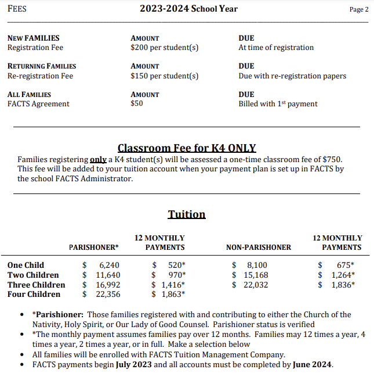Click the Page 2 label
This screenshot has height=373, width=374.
coord(358,9)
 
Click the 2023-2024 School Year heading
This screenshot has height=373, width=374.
coord(188,9)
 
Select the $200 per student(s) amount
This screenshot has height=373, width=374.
coord(165,48)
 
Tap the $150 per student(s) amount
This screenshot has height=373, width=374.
coord(165,76)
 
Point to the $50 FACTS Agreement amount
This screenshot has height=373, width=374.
coord(137,104)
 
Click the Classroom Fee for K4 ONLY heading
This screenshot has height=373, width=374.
coord(187,148)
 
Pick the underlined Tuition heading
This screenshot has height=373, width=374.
coord(187,214)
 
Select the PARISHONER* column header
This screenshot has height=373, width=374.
coord(94,248)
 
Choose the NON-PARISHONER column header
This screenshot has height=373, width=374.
coord(259,248)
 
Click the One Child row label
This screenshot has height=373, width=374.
coord(26,265)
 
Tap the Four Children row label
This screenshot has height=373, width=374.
coord(34,294)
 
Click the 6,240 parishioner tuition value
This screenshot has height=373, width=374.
coord(109,265)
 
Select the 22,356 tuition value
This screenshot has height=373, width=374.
coord(108,294)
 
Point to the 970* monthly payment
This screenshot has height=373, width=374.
coord(177,275)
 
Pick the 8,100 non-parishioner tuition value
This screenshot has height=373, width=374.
coord(257,265)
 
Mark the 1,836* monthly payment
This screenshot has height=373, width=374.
coord(343,285)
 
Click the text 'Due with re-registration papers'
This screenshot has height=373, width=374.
coord(292,76)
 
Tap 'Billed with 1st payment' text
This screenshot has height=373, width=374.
coord(278,104)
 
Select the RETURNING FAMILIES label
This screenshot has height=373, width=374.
coord(42,66)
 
